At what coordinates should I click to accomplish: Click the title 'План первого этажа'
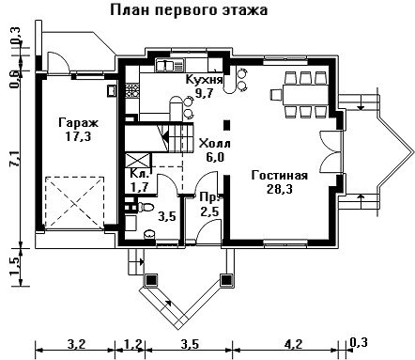coord(189,10)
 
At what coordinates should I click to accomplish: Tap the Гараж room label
coord(78,123)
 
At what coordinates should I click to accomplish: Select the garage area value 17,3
coord(78,136)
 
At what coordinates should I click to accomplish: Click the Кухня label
coord(204,80)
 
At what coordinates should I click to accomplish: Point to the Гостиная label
coord(280,175)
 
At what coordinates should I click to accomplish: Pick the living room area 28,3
coord(280,189)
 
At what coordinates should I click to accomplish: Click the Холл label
coord(215,144)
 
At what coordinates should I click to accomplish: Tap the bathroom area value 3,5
coord(167,216)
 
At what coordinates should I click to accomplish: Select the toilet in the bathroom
coord(145,207)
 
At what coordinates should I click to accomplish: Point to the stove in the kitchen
coord(131,90)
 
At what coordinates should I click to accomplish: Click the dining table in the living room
coord(305,95)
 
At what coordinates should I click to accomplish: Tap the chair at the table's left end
coord(276,95)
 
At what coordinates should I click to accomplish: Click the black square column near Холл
coord(227,125)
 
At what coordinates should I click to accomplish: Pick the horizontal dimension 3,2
coord(76,344)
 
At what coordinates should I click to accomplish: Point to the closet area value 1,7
coord(139,187)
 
